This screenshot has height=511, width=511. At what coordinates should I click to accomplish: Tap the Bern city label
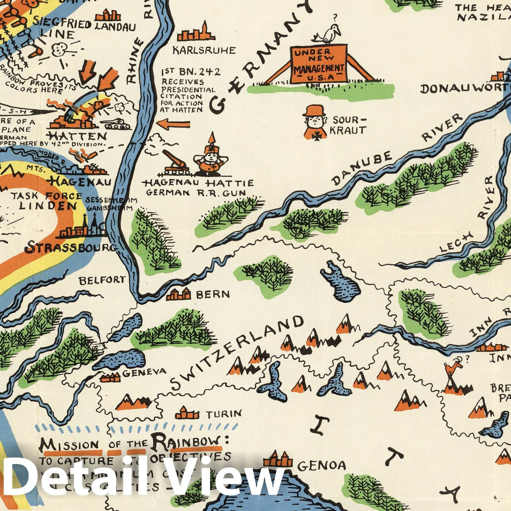coord(213,294)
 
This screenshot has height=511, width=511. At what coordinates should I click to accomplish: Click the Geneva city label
coord(144,371)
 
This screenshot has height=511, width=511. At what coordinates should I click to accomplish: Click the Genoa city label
coord(321,466)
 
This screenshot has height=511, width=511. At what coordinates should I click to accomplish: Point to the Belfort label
coord(102,281)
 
